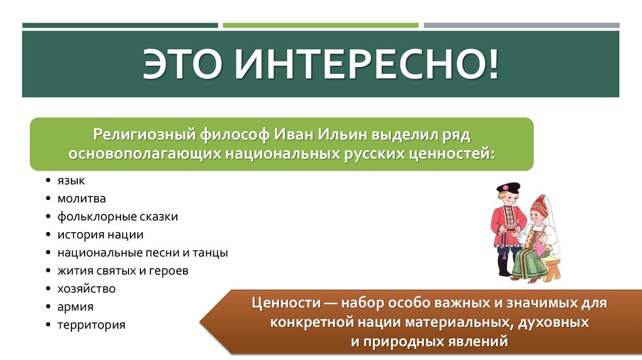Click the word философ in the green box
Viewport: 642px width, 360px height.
click(x=227, y=134)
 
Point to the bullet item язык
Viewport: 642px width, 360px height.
click(x=71, y=181)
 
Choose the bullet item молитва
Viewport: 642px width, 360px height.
click(x=82, y=199)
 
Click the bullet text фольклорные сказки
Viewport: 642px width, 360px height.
click(x=118, y=217)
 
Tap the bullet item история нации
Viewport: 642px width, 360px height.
click(x=100, y=235)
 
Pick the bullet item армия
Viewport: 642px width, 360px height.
click(x=75, y=307)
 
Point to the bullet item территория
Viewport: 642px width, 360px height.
click(x=92, y=326)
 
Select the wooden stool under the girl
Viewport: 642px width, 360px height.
click(x=551, y=266)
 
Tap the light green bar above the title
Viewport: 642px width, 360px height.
click(x=320, y=26)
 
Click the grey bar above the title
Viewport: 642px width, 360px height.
click(x=521, y=26)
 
